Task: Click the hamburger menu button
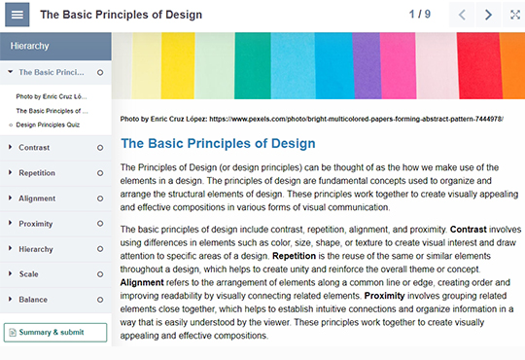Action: coord(18,15)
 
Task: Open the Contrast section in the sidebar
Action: coord(35,147)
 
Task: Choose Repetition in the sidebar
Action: coord(37,172)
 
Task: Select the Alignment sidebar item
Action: coord(37,198)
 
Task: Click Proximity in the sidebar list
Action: coord(36,223)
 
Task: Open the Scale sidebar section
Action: coord(29,273)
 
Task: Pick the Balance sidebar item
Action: coord(33,299)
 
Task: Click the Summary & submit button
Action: coord(55,332)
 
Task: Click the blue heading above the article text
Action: coord(218,143)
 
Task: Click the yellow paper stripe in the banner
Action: coord(177,64)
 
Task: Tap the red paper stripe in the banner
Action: coord(475,64)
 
